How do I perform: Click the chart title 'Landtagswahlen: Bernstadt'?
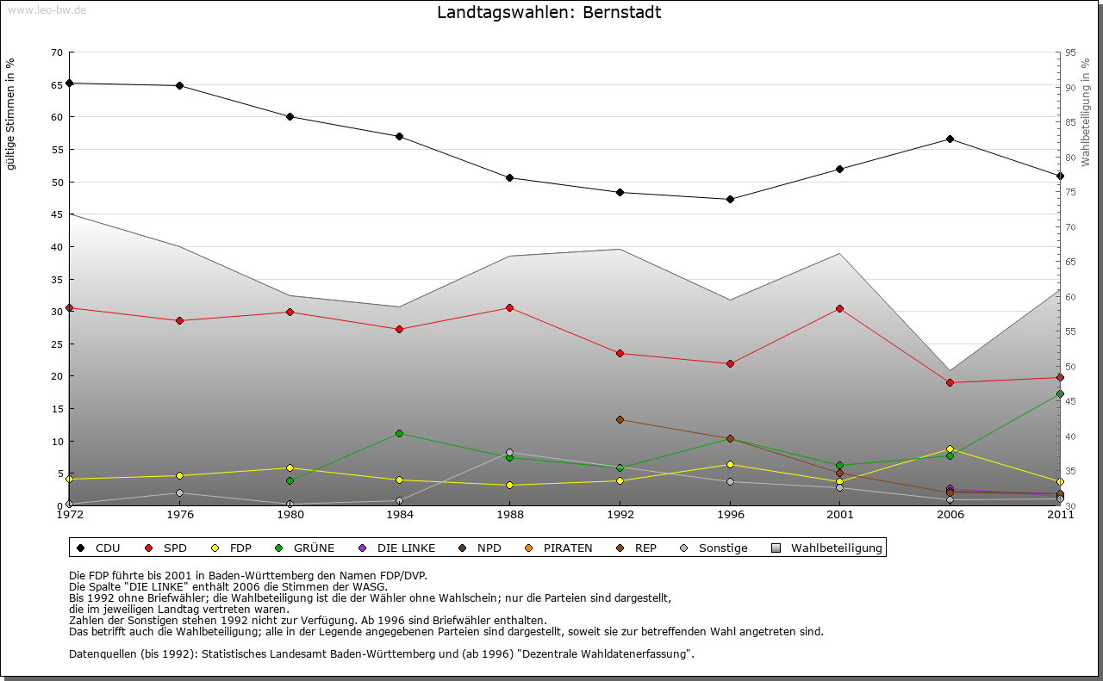pyautogui.click(x=549, y=12)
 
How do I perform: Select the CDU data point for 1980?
pyautogui.click(x=290, y=117)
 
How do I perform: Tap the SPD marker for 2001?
pyautogui.click(x=839, y=308)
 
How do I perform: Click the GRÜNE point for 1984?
pyautogui.click(x=400, y=433)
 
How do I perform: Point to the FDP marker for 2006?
pyautogui.click(x=950, y=449)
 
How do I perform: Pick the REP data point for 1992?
pyautogui.click(x=620, y=419)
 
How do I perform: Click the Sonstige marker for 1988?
pyautogui.click(x=510, y=453)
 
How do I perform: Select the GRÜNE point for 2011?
pyautogui.click(x=1060, y=393)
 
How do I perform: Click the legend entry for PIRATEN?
pyautogui.click(x=567, y=548)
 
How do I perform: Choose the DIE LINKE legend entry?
pyautogui.click(x=405, y=548)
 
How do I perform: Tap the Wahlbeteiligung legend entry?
pyautogui.click(x=836, y=548)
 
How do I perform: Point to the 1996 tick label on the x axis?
pyautogui.click(x=730, y=516)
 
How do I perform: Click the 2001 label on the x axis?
pyautogui.click(x=839, y=516)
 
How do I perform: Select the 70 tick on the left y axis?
pyautogui.click(x=56, y=53)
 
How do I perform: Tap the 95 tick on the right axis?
pyautogui.click(x=1071, y=53)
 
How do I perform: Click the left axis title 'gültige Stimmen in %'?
pyautogui.click(x=11, y=114)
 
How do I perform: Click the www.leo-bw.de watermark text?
pyautogui.click(x=47, y=9)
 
